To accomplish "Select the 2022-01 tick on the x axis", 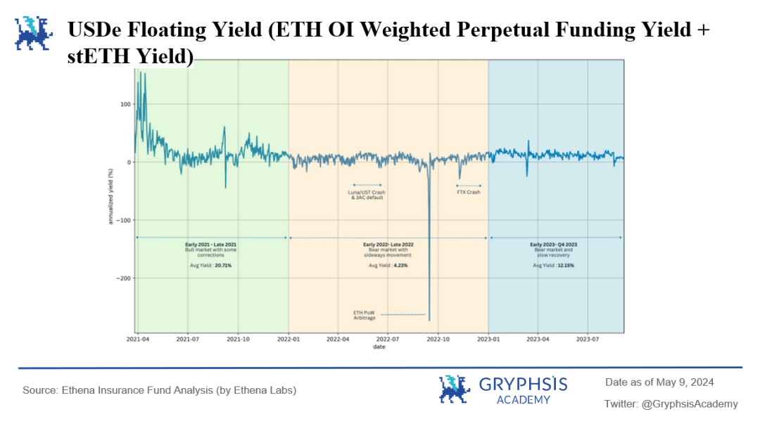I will (289, 339).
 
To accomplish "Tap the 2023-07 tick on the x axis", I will (588, 339).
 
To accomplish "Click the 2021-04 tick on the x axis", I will (138, 339).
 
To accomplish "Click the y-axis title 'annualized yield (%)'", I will (110, 197).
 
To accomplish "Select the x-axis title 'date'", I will (379, 346).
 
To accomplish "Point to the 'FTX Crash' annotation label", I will (468, 192).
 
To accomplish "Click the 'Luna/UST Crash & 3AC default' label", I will (367, 195).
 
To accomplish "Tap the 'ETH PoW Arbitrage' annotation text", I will (365, 315).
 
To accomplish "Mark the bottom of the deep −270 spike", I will (429, 320).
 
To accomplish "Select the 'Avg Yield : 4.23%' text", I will (388, 266).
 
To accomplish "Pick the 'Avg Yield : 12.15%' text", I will (554, 266).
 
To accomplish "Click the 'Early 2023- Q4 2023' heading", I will (554, 244).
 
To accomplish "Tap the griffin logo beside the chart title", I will (33, 34).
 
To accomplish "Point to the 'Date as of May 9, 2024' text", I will (659, 382).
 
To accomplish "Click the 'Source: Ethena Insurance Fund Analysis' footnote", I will (159, 390).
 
